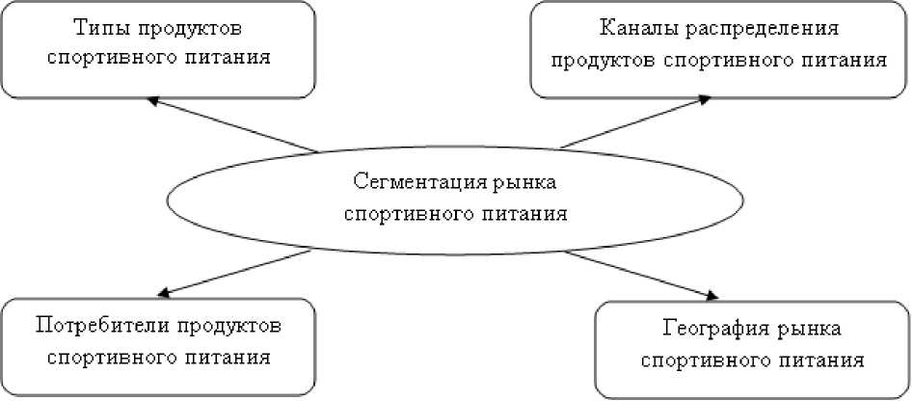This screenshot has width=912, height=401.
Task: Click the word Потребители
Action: point(102,324)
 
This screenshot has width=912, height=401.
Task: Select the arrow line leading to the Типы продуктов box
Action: point(231,124)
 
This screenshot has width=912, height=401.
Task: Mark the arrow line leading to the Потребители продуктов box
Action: point(236,271)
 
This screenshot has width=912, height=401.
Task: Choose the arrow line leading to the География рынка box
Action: point(641,273)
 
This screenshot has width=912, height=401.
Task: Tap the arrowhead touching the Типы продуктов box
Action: point(152,99)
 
